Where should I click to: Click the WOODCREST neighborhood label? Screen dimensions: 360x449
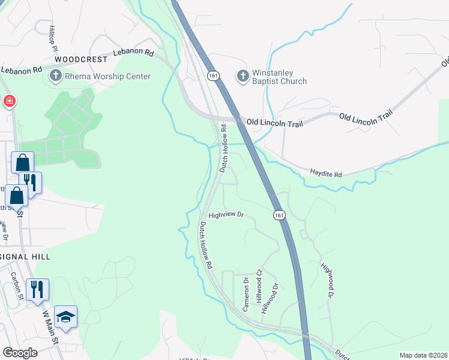(81, 60)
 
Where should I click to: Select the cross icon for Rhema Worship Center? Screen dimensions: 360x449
(55, 76)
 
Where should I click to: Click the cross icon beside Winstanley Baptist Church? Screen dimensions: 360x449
(243, 76)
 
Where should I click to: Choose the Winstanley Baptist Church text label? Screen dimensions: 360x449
(280, 77)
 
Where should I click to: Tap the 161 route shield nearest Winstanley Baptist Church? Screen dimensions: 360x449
(214, 75)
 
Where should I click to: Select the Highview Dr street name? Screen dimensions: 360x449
(226, 214)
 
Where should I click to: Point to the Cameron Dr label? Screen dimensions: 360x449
(246, 294)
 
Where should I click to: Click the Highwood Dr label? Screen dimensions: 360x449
(327, 280)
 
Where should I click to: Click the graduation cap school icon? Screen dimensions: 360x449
(66, 316)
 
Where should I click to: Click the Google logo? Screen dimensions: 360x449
(20, 352)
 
